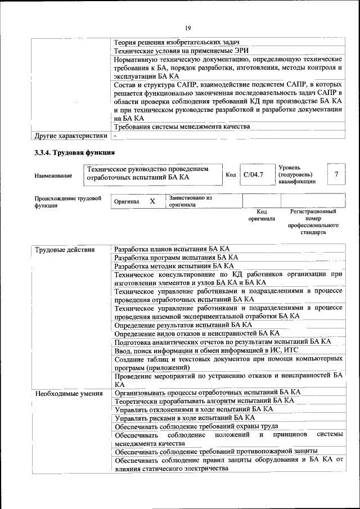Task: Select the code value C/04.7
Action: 253,175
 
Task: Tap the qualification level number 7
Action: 336,174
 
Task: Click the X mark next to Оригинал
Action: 152,201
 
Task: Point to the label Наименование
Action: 53,176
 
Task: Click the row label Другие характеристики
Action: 70,136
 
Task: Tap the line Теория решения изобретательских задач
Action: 177,43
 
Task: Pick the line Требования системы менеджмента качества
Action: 181,128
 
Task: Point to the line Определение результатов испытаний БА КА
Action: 183,325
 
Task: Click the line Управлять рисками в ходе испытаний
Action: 184,418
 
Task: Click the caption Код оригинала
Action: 262,215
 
